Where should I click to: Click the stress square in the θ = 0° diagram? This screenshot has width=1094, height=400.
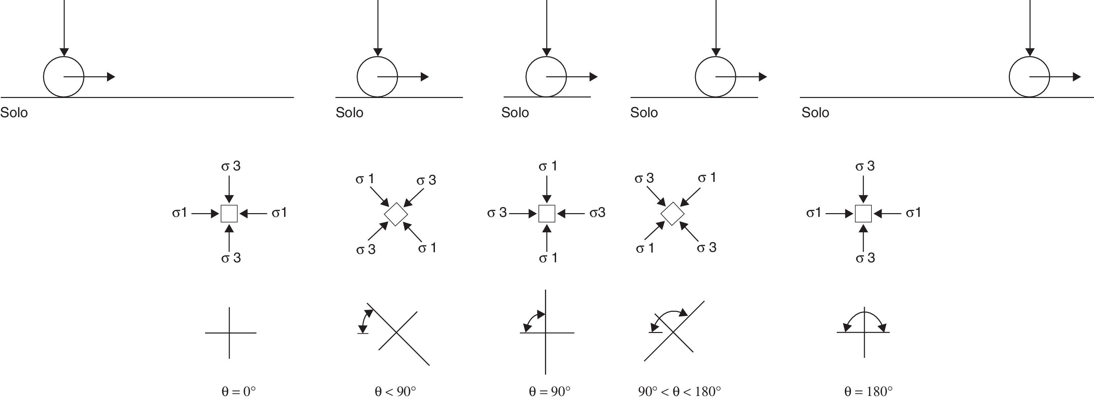click(229, 213)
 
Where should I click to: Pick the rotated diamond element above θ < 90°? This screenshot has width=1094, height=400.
click(396, 214)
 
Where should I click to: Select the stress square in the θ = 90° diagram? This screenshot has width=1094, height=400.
click(547, 213)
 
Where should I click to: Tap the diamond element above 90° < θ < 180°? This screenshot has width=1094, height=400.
click(672, 213)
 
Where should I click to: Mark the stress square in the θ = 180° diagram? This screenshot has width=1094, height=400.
click(863, 213)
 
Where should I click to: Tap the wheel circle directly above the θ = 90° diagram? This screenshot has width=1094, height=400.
click(546, 77)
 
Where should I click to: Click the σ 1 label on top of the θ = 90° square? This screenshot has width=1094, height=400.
click(548, 166)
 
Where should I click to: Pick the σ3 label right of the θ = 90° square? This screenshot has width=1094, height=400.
click(597, 213)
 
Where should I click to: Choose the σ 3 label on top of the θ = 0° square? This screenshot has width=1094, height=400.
click(231, 166)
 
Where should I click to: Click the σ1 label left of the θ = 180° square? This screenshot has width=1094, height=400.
click(814, 213)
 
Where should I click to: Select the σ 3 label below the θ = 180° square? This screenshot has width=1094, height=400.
click(865, 258)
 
